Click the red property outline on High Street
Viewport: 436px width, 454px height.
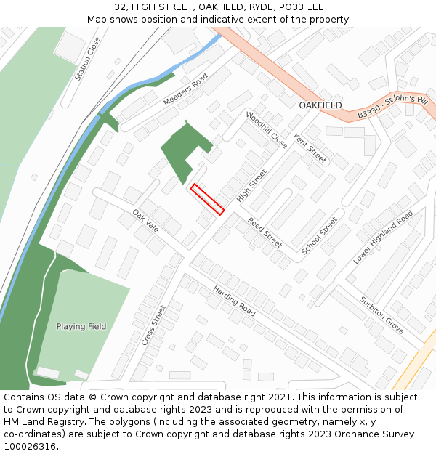tap(207, 199)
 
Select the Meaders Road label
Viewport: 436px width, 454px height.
tap(186, 89)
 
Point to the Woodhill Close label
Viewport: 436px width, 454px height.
tap(266, 130)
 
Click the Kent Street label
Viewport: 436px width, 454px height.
tap(310, 148)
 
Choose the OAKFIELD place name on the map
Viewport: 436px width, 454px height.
tap(320, 105)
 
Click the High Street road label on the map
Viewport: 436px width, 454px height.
tap(252, 186)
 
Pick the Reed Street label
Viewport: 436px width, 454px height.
tap(265, 232)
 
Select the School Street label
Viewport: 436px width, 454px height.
tap(320, 235)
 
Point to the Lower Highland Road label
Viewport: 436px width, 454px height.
tap(383, 238)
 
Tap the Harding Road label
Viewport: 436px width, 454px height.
tap(234, 300)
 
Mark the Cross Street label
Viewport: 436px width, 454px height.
tap(154, 324)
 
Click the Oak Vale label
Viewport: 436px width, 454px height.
tap(145, 220)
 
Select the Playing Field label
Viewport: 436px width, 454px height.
tap(81, 326)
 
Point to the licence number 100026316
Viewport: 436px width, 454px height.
tap(30, 446)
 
